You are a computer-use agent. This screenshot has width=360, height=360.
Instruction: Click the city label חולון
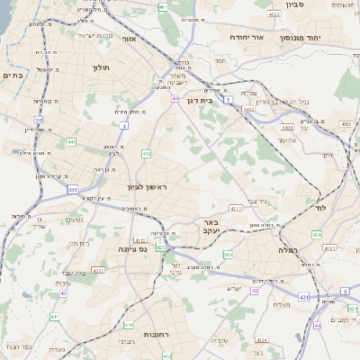(x=100, y=67)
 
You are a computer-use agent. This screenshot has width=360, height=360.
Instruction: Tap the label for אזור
(x=129, y=40)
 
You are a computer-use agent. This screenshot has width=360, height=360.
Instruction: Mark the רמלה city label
(x=274, y=238)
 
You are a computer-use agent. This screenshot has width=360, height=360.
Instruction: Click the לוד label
(x=319, y=207)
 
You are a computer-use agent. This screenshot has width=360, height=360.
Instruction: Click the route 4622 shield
(x=274, y=14)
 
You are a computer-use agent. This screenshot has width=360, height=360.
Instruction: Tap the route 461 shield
(x=163, y=7)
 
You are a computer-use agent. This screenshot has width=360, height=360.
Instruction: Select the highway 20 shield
(x=39, y=120)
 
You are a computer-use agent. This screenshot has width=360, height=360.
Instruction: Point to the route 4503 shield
(x=346, y=123)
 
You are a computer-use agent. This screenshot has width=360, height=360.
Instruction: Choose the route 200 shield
(x=227, y=256)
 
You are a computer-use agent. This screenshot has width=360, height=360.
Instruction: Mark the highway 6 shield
(x=345, y=291)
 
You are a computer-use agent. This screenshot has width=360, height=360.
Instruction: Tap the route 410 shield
(x=129, y=325)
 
